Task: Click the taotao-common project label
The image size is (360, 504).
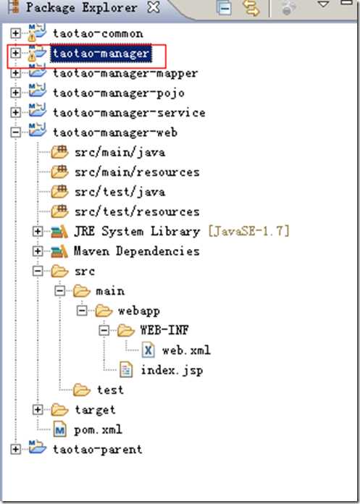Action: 98,33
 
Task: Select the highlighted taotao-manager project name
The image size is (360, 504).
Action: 101,53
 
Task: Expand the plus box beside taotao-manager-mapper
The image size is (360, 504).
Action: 15,73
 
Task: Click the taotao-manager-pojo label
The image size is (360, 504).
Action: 119,93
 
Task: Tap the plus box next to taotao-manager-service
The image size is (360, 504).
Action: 15,112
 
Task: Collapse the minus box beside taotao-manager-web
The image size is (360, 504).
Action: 15,133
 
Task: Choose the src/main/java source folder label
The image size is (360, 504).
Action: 120,152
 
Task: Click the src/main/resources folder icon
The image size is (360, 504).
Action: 59,172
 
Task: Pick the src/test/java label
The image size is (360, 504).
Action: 120,192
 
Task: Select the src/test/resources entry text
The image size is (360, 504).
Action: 137,212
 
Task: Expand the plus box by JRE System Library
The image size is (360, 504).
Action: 38,232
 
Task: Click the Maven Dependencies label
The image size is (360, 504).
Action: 137,251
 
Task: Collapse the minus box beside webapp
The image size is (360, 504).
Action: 82,311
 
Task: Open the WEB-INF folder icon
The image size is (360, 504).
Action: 126,330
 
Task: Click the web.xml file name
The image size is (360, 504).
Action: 186,350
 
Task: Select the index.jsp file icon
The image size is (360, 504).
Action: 126,370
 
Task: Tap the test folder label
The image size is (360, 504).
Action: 110,390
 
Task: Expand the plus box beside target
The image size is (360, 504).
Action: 38,410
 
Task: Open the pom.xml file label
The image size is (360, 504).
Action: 98,429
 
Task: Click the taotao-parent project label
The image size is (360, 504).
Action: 97,449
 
